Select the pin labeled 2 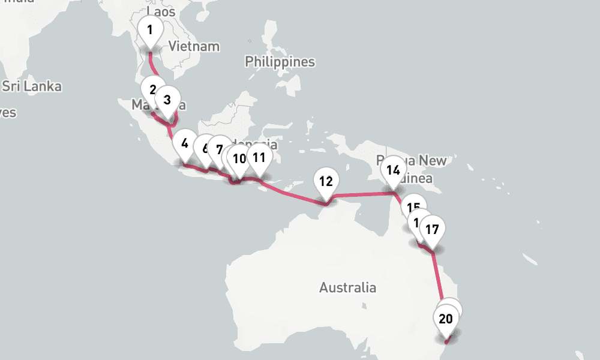point(152,90)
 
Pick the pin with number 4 point(184,144)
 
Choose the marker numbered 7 point(220,150)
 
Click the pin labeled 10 point(239,159)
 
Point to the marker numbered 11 point(259,158)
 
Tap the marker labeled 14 point(393,170)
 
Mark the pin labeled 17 point(432,229)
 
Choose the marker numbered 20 point(445,319)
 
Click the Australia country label point(347,288)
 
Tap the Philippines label point(280,62)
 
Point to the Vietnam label point(194,46)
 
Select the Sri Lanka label point(32,86)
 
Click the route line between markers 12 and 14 point(360,194)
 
